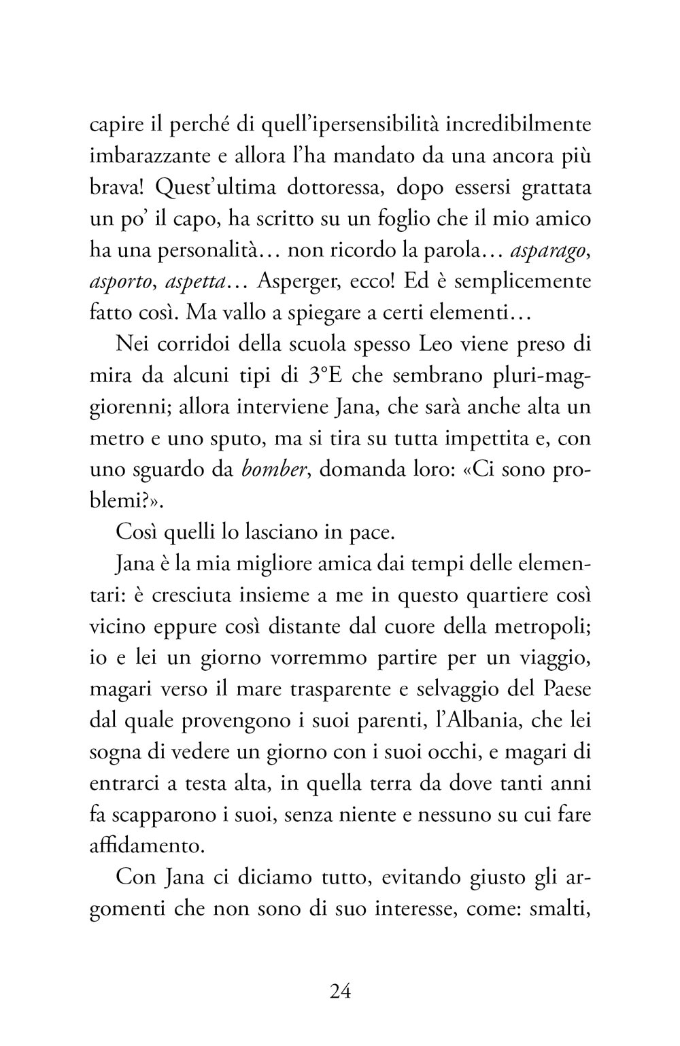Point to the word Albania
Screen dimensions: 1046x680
pos(484,752)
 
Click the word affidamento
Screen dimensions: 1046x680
pos(145,845)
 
